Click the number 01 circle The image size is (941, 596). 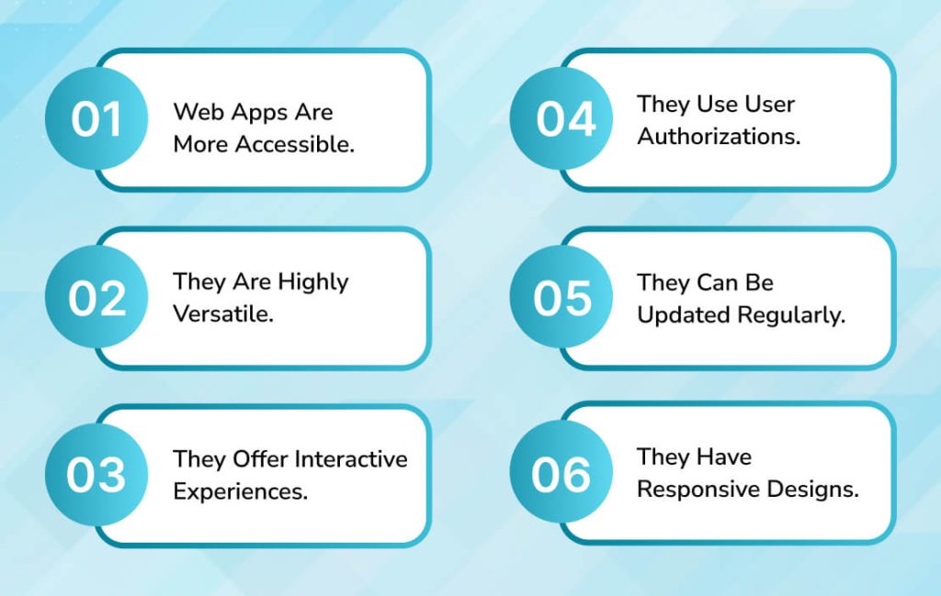click(96, 119)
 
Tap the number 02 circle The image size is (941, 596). click(96, 298)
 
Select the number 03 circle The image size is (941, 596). click(96, 475)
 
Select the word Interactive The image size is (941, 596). click(352, 458)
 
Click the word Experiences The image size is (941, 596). click(240, 490)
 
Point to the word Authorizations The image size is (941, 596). click(719, 136)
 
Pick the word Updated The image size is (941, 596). click(681, 314)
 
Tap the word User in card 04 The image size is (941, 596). click(769, 104)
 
